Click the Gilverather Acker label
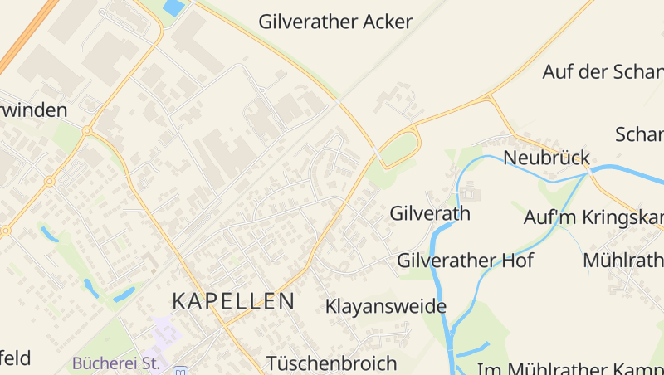tap(335, 22)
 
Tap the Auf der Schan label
tap(603, 71)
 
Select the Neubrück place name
tap(546, 158)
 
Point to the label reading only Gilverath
tap(430, 213)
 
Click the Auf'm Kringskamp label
tap(593, 218)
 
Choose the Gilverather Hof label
tap(465, 261)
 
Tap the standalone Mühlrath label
tap(622, 260)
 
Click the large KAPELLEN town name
tap(233, 301)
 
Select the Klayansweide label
tap(386, 307)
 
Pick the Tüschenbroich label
tap(332, 363)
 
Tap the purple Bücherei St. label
tap(115, 363)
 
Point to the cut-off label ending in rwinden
tap(33, 110)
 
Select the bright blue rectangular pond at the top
tap(174, 8)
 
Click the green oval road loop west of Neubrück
tap(398, 149)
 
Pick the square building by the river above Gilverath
tap(471, 195)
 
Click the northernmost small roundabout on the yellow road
tap(87, 130)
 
